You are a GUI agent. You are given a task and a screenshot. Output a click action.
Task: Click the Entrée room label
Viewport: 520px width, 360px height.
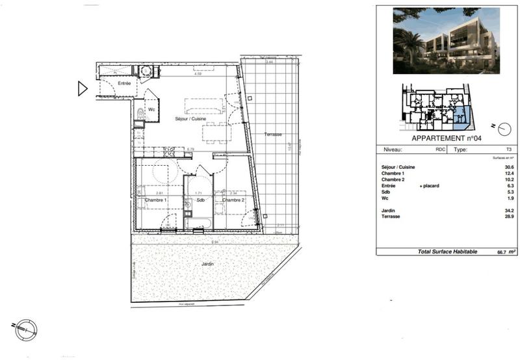pos(124,84)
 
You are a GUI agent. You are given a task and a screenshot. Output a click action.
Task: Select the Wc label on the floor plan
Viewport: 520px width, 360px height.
pos(151,109)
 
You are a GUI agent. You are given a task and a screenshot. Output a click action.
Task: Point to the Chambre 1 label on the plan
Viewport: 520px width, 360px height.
pos(156,200)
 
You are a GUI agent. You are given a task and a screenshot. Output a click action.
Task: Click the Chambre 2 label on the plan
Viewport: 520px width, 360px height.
pos(233,200)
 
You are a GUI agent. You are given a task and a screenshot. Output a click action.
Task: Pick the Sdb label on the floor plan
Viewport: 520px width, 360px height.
pos(200,200)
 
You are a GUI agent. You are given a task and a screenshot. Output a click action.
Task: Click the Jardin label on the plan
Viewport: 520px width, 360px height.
pos(207,264)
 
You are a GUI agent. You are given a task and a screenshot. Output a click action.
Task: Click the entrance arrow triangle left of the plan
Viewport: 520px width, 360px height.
pos(82,88)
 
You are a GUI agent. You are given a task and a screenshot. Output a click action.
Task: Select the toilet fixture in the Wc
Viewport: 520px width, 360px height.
pos(140,114)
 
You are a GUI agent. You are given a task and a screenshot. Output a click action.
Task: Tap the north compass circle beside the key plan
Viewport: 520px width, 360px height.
pos(504,128)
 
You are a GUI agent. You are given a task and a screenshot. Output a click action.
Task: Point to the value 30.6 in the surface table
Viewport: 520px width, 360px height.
pos(509,168)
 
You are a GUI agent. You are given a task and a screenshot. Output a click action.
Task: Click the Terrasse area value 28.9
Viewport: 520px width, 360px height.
pos(509,216)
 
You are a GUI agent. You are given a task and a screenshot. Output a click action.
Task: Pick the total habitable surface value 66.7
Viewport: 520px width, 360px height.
pos(493,251)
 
